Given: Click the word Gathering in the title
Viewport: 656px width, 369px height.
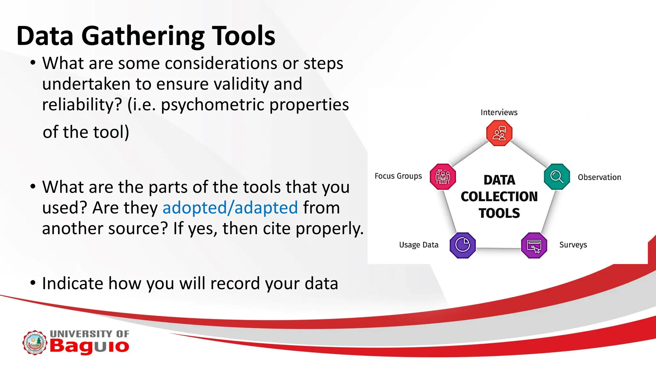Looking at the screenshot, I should point(143,37).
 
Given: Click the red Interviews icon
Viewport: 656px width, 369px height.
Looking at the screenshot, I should point(499,133).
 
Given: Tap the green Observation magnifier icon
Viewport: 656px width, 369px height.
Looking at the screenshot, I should point(557,176).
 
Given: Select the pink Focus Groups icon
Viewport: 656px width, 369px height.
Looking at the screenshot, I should point(443,176).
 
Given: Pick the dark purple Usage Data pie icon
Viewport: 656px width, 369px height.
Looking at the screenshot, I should point(463,245).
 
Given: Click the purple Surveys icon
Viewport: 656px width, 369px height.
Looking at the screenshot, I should point(534,245).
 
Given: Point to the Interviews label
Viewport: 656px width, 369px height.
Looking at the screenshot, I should point(499,112).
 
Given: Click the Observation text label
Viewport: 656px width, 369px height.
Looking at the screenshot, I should point(599,177).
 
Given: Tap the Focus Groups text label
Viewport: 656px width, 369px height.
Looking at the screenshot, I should point(398,176).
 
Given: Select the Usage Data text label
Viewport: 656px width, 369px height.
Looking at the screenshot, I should point(419,245).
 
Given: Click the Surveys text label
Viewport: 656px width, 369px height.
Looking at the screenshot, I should point(573,245).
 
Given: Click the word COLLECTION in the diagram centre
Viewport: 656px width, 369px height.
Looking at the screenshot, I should point(499,197).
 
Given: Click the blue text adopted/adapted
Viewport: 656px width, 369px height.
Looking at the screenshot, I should point(230,208).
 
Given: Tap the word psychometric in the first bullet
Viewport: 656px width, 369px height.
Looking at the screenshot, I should point(212,105).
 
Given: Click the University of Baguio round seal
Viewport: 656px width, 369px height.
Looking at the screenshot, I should point(35,343).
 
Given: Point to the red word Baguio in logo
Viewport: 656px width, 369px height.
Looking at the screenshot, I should point(89,347).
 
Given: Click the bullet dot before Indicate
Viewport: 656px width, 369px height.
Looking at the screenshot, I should point(33,283).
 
